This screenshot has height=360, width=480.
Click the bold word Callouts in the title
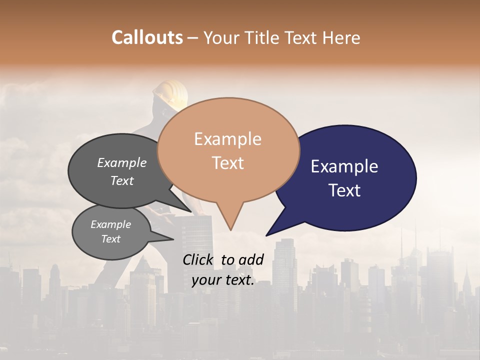(x=147, y=37)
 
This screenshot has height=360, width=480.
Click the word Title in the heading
(x=263, y=37)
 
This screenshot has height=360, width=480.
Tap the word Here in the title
(x=339, y=37)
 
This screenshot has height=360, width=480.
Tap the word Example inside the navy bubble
(x=344, y=166)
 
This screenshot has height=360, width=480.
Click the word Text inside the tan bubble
(x=228, y=163)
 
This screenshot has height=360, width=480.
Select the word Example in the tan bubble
(x=228, y=139)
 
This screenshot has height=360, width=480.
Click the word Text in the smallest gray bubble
(x=111, y=239)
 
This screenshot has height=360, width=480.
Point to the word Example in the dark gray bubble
(x=122, y=163)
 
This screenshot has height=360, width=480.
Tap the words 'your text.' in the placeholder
(x=223, y=280)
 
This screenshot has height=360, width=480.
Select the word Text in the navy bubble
(x=345, y=190)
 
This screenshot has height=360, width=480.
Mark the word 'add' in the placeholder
(x=251, y=259)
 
